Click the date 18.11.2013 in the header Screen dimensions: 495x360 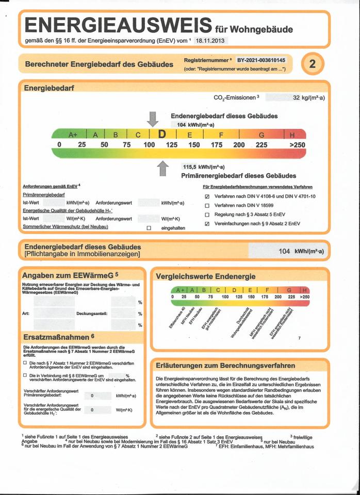coord(211,40)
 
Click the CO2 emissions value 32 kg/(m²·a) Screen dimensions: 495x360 coord(308,97)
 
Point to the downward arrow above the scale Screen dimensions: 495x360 coord(152,119)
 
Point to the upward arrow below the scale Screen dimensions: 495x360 coord(163,168)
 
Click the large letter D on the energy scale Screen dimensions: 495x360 coord(162,135)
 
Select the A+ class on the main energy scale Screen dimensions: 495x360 coord(72,135)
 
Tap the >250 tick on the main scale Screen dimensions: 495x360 coord(297,145)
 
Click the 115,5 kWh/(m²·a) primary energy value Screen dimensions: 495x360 coord(203,167)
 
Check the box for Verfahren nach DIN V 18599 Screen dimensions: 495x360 coord(207,205)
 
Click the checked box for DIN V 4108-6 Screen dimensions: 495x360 coord(207,196)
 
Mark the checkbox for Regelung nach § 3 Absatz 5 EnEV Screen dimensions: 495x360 coord(207,214)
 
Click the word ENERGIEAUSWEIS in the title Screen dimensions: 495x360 coord(118,25)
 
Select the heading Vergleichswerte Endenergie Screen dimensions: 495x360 coord(206,276)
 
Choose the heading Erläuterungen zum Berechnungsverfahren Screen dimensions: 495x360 coord(218,366)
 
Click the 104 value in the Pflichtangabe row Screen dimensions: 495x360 coord(284,251)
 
